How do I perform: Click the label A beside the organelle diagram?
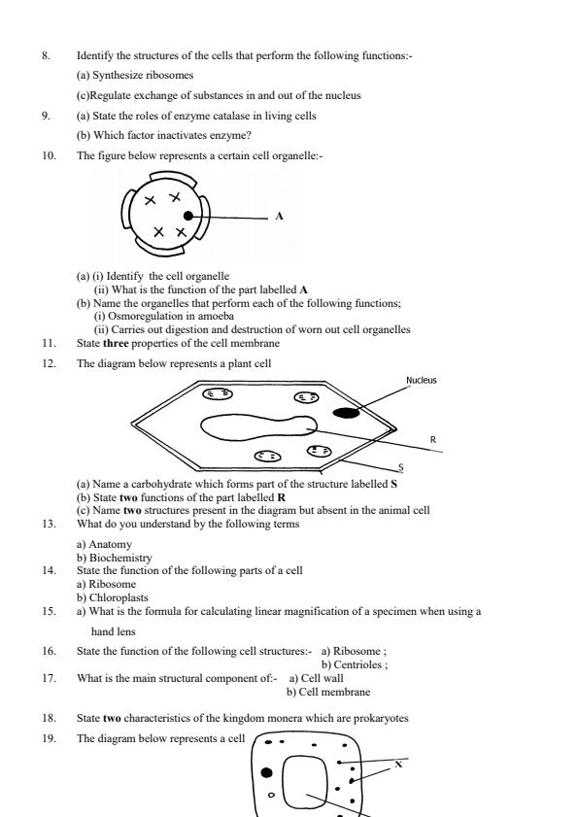point(279,217)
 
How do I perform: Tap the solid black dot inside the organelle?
point(187,216)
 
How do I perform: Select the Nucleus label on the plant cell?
point(421,380)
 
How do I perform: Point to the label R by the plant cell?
point(432,440)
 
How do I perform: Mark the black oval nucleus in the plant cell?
point(347,413)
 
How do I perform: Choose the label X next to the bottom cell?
point(397,765)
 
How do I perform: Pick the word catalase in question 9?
point(191,116)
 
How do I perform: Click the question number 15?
point(48,611)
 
